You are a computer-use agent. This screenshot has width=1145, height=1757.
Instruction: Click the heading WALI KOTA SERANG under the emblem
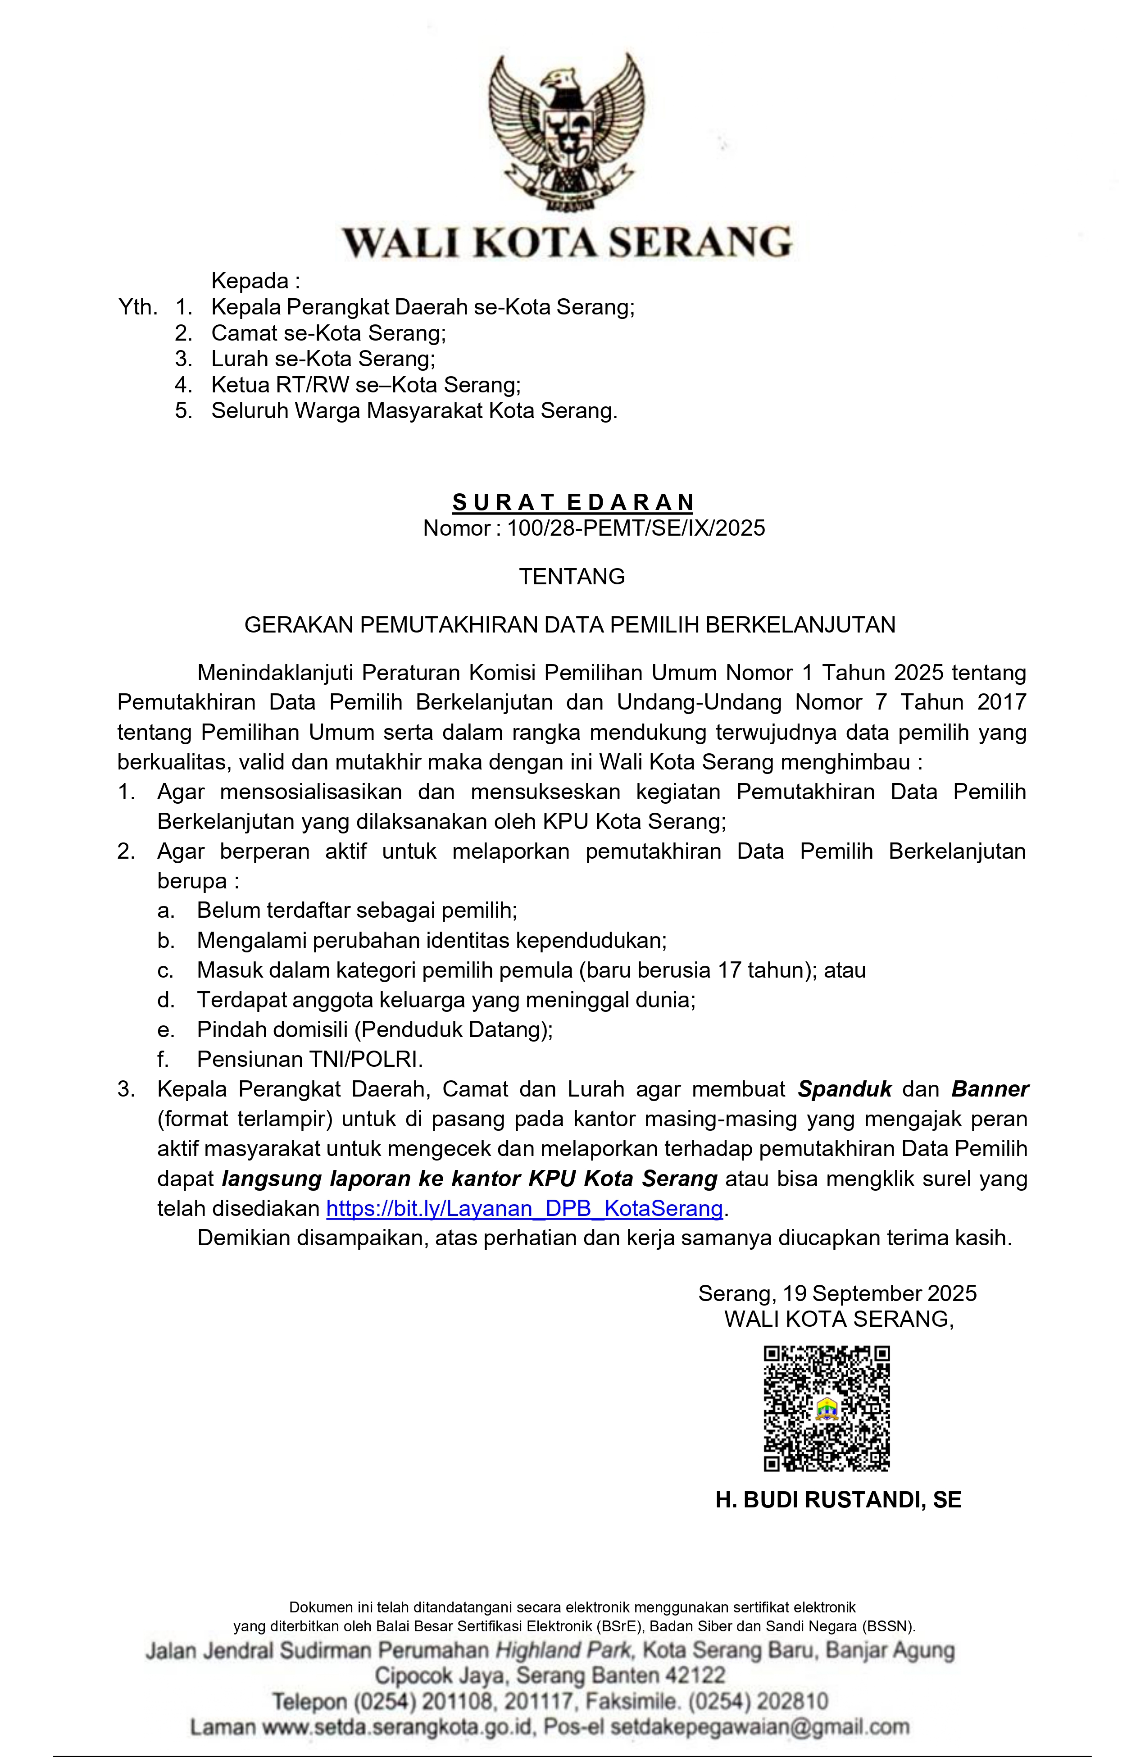[x=566, y=242]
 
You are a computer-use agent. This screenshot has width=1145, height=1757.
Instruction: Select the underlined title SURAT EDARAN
[x=573, y=503]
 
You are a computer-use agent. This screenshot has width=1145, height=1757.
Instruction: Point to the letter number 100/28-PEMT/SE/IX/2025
[x=635, y=528]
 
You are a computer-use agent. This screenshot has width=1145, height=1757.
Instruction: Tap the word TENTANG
[x=572, y=577]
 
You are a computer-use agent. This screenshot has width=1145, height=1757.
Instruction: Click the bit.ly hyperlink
[x=524, y=1208]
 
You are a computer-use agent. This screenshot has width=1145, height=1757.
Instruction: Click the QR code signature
[x=826, y=1409]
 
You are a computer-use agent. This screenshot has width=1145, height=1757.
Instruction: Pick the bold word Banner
[x=990, y=1090]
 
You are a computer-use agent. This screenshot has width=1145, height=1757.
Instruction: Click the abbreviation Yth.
[x=138, y=307]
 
